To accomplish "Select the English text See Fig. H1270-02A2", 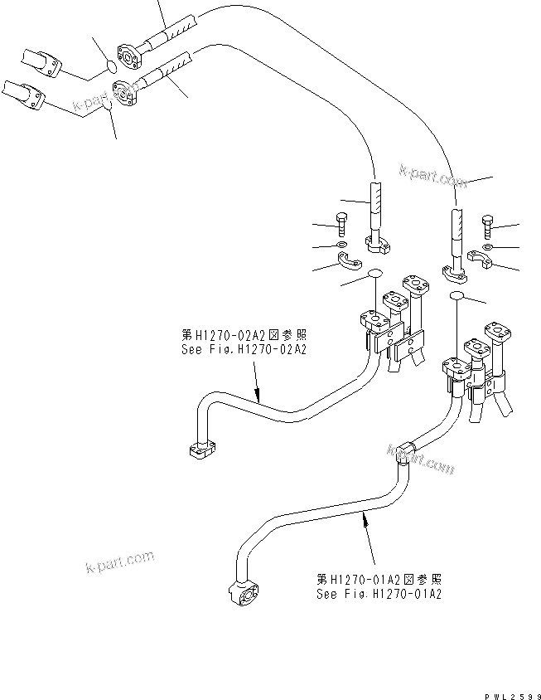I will (x=244, y=350).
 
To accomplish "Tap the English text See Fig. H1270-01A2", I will (x=379, y=594).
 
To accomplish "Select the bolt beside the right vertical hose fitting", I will (x=485, y=224).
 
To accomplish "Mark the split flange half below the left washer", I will (x=352, y=264).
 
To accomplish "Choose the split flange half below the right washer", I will (x=480, y=263).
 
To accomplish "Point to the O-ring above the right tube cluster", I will (x=455, y=294).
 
